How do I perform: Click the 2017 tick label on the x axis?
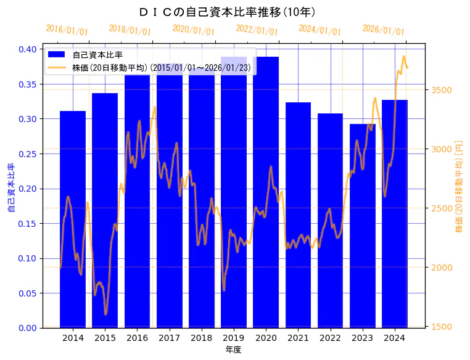tap(169, 338)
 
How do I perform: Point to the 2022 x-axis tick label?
tap(330, 338)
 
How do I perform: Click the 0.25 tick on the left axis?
tap(27, 153)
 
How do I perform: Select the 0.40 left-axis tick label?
tap(27, 49)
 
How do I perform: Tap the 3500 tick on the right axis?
tap(443, 90)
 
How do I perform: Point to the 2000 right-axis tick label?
tap(443, 268)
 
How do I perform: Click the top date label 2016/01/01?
tap(67, 30)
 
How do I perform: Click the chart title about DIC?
tap(228, 12)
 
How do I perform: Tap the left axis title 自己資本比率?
tap(10, 188)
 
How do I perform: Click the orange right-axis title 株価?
tap(459, 188)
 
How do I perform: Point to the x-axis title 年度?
tap(234, 350)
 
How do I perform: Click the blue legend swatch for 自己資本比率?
tap(57, 55)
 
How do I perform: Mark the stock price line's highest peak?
tap(404, 56)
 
